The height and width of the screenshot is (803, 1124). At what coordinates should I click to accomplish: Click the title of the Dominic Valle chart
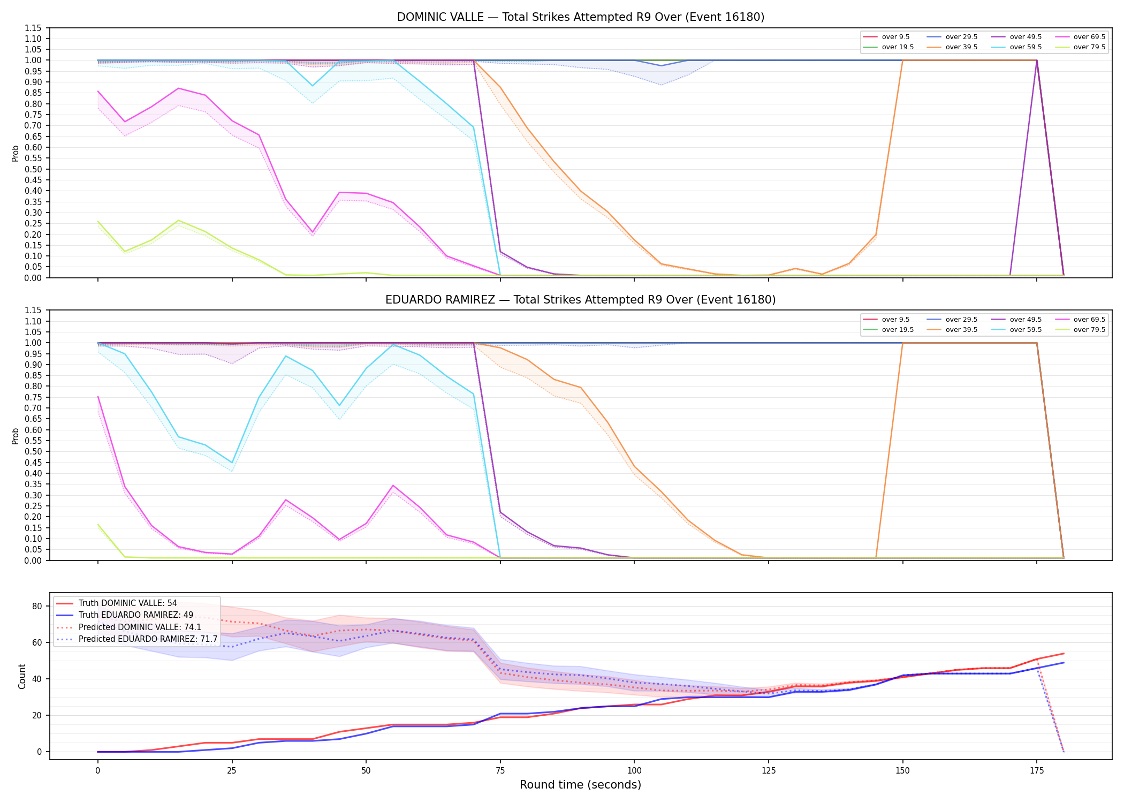[581, 17]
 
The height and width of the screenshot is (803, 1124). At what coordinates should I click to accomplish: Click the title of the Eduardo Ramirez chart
[581, 300]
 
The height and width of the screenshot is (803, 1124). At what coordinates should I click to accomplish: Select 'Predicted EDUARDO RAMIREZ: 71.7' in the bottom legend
[137, 639]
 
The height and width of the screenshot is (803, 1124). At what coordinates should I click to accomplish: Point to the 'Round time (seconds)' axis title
[580, 785]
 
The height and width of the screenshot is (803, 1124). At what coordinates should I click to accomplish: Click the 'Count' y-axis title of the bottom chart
[22, 676]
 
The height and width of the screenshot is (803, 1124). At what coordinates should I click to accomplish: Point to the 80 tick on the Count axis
[37, 606]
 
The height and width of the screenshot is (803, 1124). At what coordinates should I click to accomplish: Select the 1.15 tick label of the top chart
[33, 28]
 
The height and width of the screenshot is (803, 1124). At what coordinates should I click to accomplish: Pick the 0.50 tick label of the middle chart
[33, 451]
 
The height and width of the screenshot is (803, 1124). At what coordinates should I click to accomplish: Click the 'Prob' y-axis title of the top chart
[16, 153]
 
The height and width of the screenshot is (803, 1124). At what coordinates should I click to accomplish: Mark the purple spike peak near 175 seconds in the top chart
[1037, 60]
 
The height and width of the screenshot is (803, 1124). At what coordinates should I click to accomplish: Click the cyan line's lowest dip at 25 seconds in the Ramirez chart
[232, 463]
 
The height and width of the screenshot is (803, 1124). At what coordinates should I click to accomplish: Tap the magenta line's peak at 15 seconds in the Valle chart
[178, 88]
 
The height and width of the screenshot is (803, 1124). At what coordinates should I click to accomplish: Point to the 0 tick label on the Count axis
[39, 752]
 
